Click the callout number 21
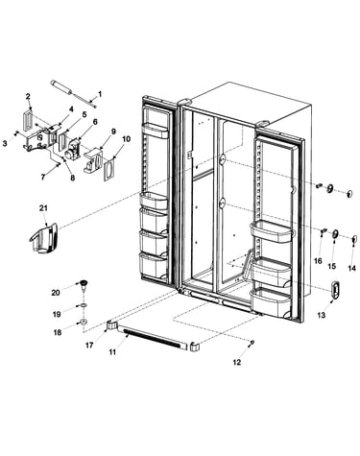click(x=43, y=208)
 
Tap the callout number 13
click(x=322, y=315)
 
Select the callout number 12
click(x=236, y=362)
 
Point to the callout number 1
click(x=100, y=94)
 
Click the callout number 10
click(x=127, y=139)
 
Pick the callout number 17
click(x=89, y=346)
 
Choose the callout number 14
click(x=351, y=268)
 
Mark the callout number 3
click(x=5, y=144)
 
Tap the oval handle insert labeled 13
click(x=335, y=290)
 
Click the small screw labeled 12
click(x=252, y=343)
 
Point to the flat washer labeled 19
click(x=84, y=305)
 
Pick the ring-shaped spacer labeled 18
click(x=84, y=322)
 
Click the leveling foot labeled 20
click(x=84, y=284)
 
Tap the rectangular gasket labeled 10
click(x=109, y=169)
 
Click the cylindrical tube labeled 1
click(x=73, y=93)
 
